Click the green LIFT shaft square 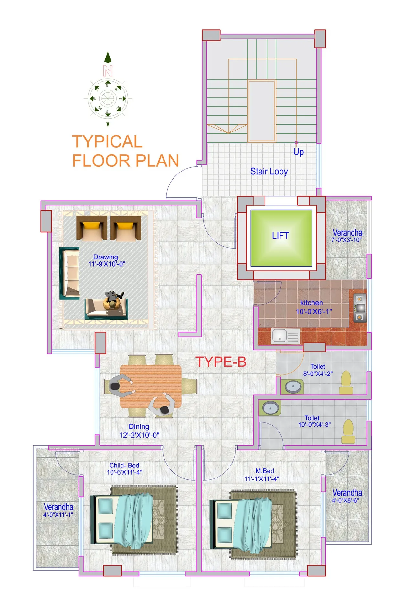coord(281,238)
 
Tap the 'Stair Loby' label coord(269,171)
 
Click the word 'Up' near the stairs coord(298,152)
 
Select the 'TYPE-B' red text coord(221,362)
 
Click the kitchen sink coord(285,336)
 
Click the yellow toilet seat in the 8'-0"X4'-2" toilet coord(346,382)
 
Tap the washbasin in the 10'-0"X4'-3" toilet coord(270,408)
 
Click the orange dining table coord(150,386)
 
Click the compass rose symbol coord(108,98)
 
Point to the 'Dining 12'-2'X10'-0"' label coord(139,431)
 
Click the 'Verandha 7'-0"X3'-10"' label coord(347,236)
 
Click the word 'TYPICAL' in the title coord(107,142)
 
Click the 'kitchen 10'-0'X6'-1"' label coord(313,307)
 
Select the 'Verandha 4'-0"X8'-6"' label coord(347,496)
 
